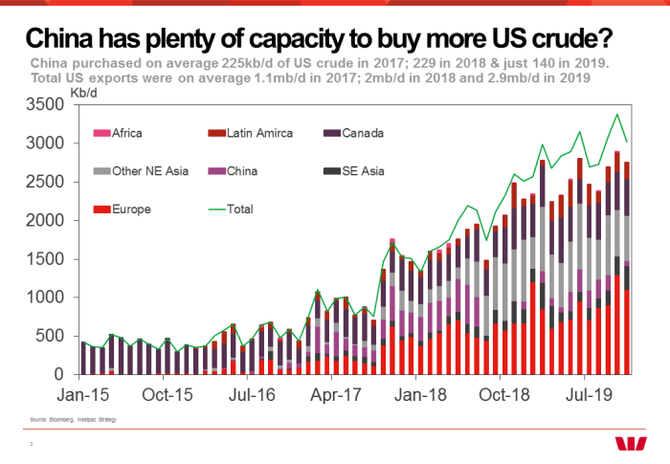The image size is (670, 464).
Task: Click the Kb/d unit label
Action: [83, 93]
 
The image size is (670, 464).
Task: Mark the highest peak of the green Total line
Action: [616, 115]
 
